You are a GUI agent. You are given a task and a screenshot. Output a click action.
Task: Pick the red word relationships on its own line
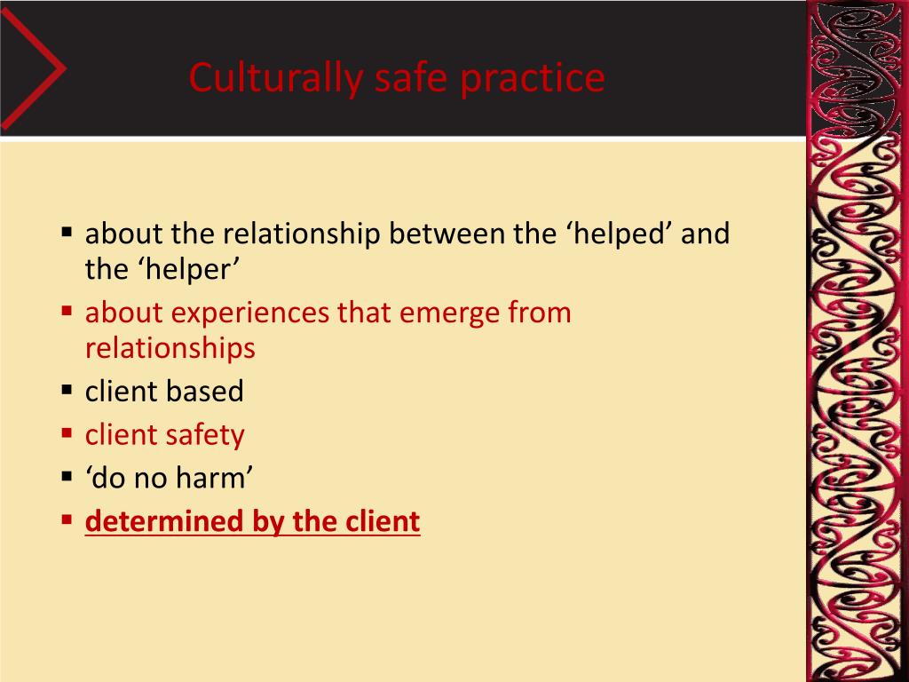click(170, 348)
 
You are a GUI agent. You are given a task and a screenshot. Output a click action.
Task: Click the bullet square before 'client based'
click(67, 389)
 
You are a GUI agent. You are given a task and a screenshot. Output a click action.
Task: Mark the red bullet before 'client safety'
click(67, 432)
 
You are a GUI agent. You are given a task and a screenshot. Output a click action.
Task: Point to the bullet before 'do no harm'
click(67, 476)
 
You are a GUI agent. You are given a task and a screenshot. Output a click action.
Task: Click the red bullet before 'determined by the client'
click(67, 519)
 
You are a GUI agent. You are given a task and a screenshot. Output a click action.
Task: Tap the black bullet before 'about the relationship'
click(67, 233)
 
